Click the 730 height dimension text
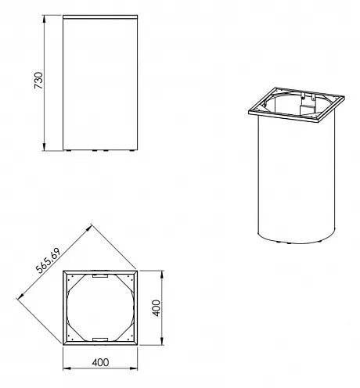point(38,81)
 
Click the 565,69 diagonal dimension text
point(49,260)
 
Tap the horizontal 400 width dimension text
point(100,362)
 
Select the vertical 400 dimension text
point(157,308)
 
